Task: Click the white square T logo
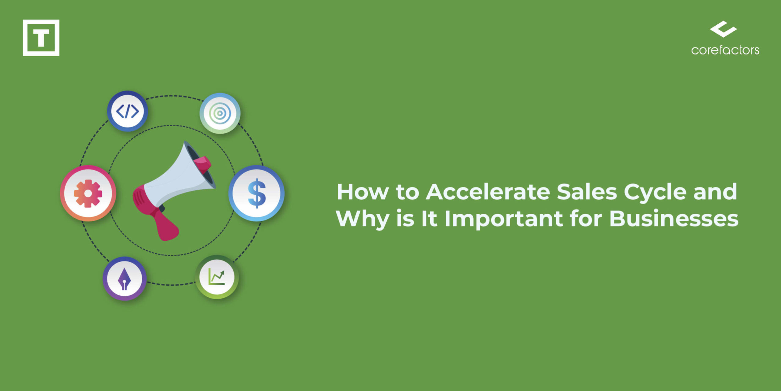pos(41,38)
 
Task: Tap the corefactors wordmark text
pos(725,50)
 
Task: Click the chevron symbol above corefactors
pos(723,29)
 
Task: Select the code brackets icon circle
pos(127,111)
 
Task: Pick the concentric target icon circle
pos(220,113)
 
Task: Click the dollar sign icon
pos(256,193)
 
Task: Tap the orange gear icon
pos(88,194)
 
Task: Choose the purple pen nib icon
pos(124,279)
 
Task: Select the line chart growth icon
pos(216,276)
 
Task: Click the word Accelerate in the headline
pos(488,192)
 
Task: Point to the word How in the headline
pos(363,192)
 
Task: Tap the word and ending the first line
pos(715,192)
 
